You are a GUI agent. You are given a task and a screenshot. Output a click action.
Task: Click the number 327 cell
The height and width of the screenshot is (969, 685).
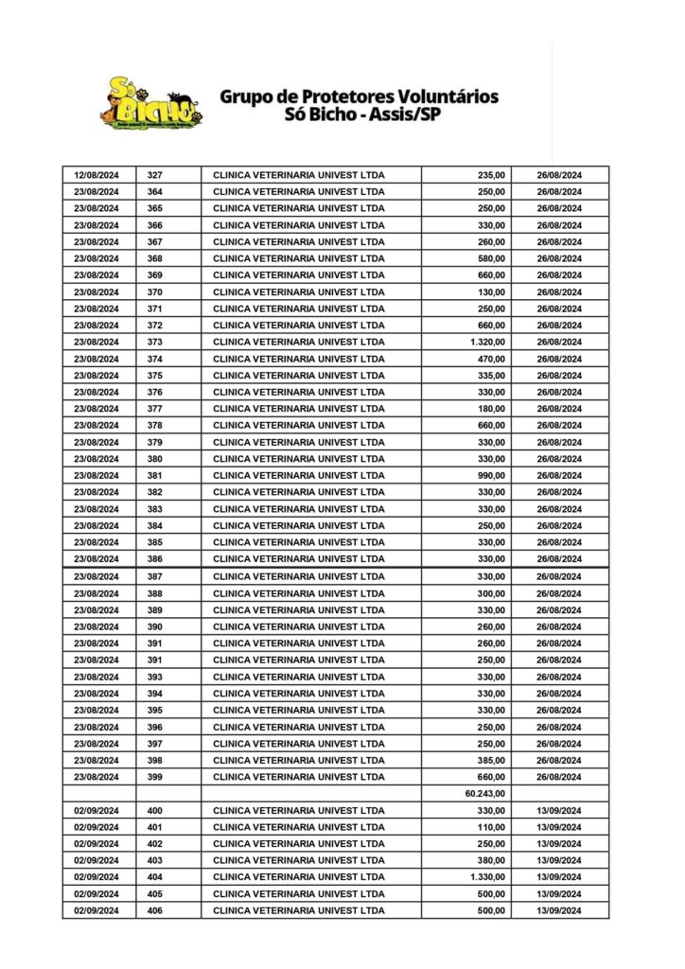pyautogui.click(x=155, y=175)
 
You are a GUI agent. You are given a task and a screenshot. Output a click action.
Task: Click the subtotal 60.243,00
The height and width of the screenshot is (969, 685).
pyautogui.click(x=486, y=794)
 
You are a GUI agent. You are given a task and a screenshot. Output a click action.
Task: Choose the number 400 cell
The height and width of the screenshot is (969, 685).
pyautogui.click(x=155, y=811)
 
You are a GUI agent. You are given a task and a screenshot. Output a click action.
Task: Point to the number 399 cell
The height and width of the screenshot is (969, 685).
pyautogui.click(x=155, y=777)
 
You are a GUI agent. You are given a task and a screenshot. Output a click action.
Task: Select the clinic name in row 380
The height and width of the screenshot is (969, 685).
pyautogui.click(x=299, y=459)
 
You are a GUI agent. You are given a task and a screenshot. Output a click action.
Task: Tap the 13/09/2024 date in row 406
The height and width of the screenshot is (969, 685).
pyautogui.click(x=558, y=910)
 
